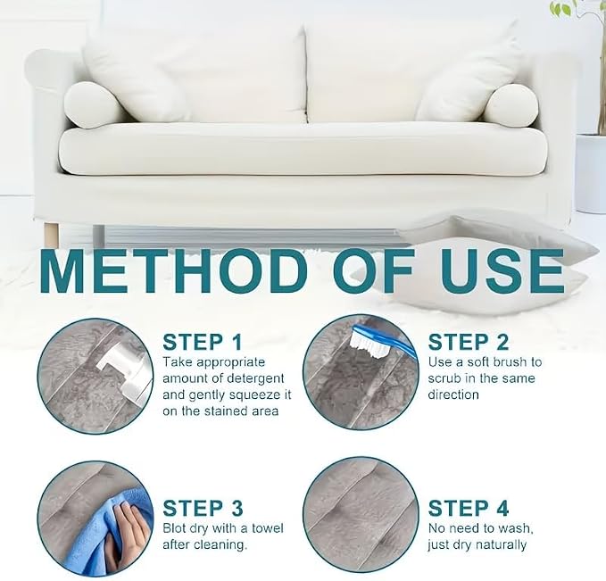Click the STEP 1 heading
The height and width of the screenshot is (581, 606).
click(202, 343)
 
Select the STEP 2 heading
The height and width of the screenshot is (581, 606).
click(469, 343)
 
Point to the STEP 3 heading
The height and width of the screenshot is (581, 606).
click(203, 509)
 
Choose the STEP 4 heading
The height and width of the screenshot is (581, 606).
click(469, 509)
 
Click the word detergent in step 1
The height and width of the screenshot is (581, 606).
click(255, 378)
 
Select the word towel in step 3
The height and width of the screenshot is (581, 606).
click(268, 528)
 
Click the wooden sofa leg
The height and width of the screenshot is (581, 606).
click(51, 235)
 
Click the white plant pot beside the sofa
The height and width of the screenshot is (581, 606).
click(591, 173)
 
